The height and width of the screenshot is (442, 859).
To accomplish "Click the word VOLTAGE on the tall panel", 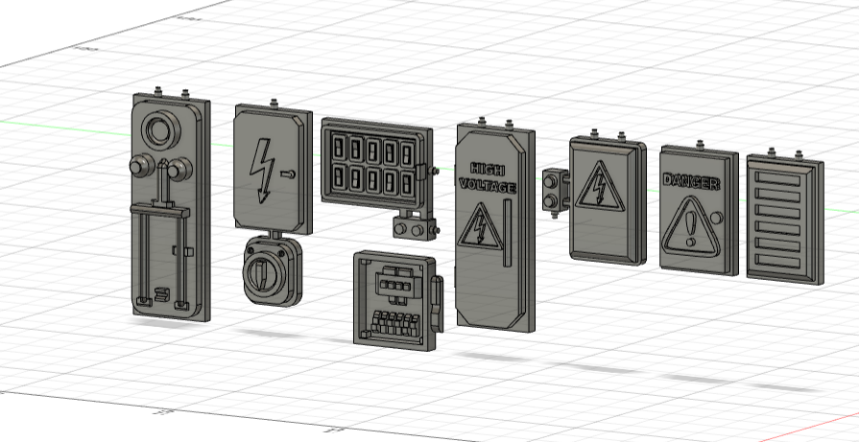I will tap(488, 183).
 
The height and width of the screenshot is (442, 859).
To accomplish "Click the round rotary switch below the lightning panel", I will tap(266, 272).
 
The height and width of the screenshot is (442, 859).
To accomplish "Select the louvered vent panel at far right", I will tap(784, 219).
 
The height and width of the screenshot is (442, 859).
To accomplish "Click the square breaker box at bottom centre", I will tap(393, 296).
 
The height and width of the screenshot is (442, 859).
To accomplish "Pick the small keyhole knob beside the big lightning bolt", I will tap(288, 174).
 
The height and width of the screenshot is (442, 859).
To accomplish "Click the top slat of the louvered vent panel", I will tap(782, 178).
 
